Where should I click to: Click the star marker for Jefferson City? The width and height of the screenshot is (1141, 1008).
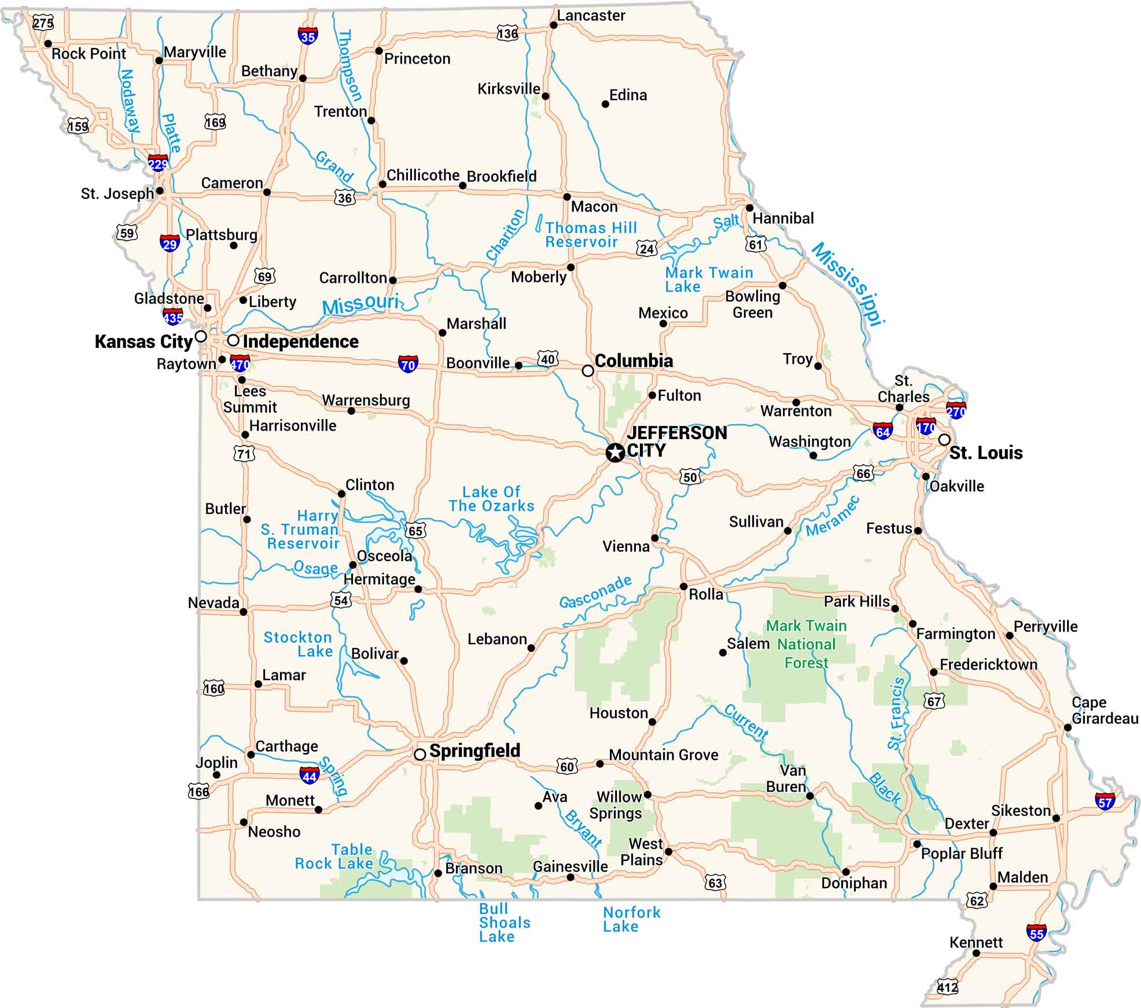[x=615, y=453]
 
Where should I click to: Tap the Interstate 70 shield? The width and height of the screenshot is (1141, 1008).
[x=408, y=364]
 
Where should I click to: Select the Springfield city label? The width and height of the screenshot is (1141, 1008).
[x=474, y=751]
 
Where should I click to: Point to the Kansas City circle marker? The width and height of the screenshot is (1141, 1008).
[x=201, y=336]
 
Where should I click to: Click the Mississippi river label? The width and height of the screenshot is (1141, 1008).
[x=849, y=284]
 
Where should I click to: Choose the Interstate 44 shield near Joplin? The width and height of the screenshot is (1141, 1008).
[x=310, y=775]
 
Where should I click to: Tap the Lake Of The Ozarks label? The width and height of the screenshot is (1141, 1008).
[x=491, y=499]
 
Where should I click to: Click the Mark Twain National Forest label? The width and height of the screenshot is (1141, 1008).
[x=806, y=644]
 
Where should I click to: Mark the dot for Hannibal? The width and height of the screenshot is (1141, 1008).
[x=750, y=208]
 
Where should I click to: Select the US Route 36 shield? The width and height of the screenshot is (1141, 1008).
[x=345, y=198]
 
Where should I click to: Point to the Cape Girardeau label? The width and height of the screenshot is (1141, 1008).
[x=1104, y=710]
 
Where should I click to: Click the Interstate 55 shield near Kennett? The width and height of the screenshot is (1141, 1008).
[x=1036, y=933]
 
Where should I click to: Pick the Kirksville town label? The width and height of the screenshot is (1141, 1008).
[x=509, y=89]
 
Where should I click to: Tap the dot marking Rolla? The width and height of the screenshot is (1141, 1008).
[x=683, y=587]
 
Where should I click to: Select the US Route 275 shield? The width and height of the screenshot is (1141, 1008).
[x=43, y=23]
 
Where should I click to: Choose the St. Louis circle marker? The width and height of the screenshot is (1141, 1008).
[x=944, y=440]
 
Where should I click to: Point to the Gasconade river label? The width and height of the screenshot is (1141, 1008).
[x=595, y=592]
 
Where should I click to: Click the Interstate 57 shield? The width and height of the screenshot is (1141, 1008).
[x=1105, y=802]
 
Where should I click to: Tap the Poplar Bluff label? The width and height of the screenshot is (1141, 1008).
[x=962, y=853]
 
